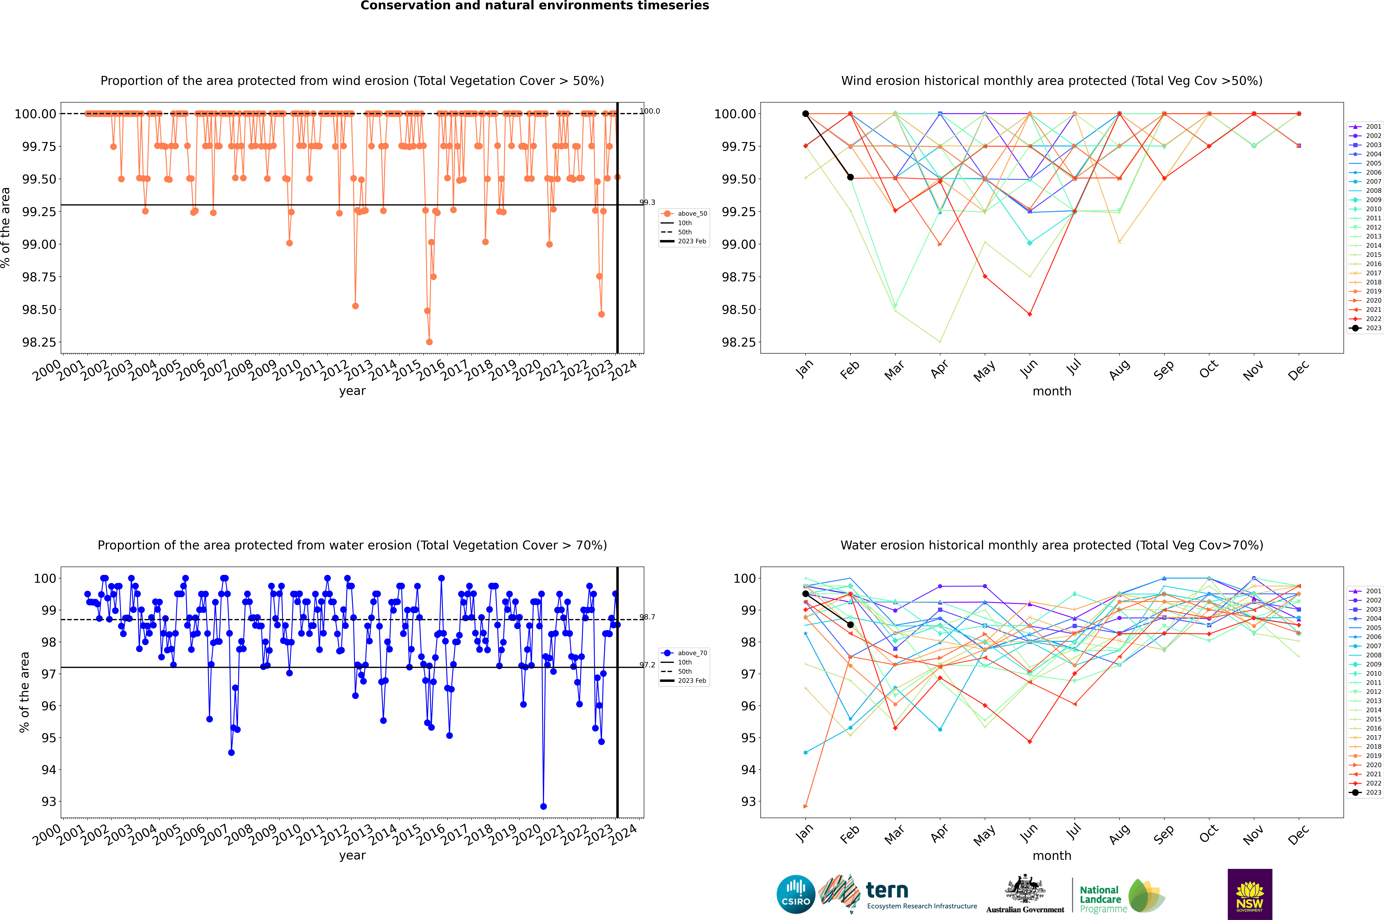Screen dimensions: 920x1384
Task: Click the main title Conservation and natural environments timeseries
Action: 534,6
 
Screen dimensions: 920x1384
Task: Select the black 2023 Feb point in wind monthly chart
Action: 850,177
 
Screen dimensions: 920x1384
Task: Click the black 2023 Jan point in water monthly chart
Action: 806,594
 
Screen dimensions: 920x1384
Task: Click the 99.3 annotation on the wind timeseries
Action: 647,202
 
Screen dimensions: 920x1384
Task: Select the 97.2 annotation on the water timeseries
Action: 647,665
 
